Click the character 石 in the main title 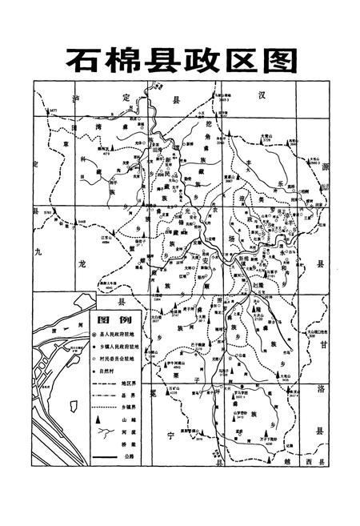(x=83, y=60)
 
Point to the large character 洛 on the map (x=321, y=389)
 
